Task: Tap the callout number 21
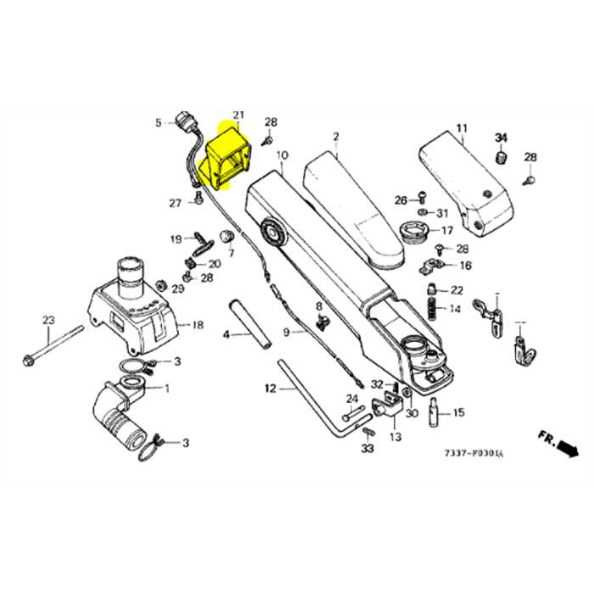pos(238,115)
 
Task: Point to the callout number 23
pos(48,320)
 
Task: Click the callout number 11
pos(462,129)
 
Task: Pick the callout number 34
pos(501,138)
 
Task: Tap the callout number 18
pos(198,325)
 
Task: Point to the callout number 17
pos(446,230)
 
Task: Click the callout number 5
pos(158,123)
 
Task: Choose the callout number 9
pos(287,332)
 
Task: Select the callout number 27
pos(175,203)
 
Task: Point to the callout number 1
pos(165,389)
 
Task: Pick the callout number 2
pos(336,137)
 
